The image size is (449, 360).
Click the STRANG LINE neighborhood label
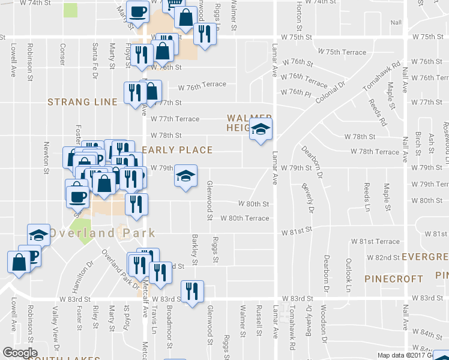pyautogui.click(x=82, y=102)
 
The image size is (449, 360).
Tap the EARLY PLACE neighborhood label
pyautogui.click(x=178, y=150)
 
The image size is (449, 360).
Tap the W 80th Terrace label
pyautogui.click(x=244, y=218)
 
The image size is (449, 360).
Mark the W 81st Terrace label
pyautogui.click(x=379, y=241)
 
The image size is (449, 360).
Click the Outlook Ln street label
pyautogui.click(x=348, y=275)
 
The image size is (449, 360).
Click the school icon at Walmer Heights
pyautogui.click(x=261, y=128)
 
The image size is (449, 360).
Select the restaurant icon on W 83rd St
pyautogui.click(x=193, y=291)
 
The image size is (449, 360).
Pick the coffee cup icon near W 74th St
pyautogui.click(x=137, y=11)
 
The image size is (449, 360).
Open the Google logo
pyautogui.click(x=20, y=353)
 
